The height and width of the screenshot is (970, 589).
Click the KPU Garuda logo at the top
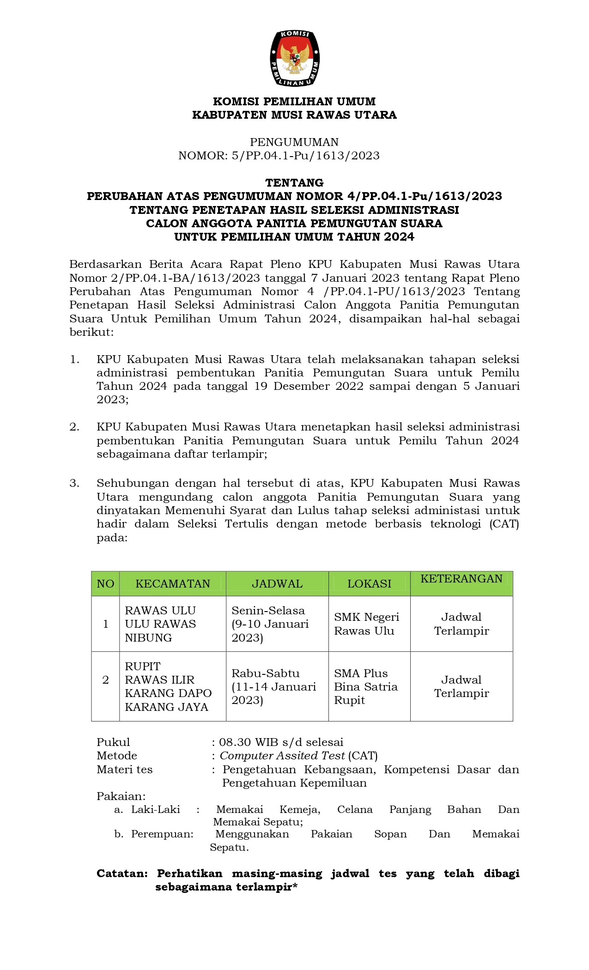click(x=295, y=58)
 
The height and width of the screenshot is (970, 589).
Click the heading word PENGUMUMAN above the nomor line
click(x=294, y=142)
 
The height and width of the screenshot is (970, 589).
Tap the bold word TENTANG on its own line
click(x=294, y=182)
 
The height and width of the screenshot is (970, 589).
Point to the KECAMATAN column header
click(x=172, y=583)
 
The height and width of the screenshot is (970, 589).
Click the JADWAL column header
click(x=277, y=583)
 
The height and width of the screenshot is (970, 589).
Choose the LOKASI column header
click(x=369, y=583)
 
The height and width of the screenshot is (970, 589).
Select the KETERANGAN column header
click(x=461, y=579)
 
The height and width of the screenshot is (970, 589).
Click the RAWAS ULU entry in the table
click(x=160, y=610)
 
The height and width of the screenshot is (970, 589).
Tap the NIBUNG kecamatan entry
click(x=148, y=637)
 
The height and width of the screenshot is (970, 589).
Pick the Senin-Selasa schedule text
click(x=268, y=610)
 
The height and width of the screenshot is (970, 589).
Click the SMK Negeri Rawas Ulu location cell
click(x=366, y=624)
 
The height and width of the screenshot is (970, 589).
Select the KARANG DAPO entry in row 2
click(x=168, y=693)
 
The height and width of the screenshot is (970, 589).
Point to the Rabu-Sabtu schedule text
click(x=265, y=673)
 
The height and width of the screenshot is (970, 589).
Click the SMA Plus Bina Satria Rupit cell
click(x=365, y=686)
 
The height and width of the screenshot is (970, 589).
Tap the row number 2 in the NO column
click(x=105, y=679)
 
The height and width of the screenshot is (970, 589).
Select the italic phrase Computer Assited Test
click(x=282, y=756)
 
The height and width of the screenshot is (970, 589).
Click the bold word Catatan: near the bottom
click(x=122, y=873)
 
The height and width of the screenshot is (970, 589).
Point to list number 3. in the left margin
click(x=74, y=483)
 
